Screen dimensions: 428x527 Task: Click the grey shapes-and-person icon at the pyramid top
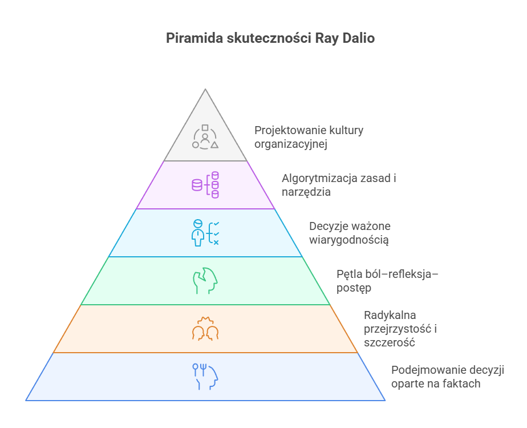point(205,138)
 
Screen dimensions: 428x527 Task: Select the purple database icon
point(205,185)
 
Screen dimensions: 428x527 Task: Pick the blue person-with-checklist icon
point(205,233)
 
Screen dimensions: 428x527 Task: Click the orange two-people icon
point(205,329)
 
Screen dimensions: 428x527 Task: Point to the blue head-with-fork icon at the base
point(205,377)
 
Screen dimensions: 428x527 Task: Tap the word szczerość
point(389,343)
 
